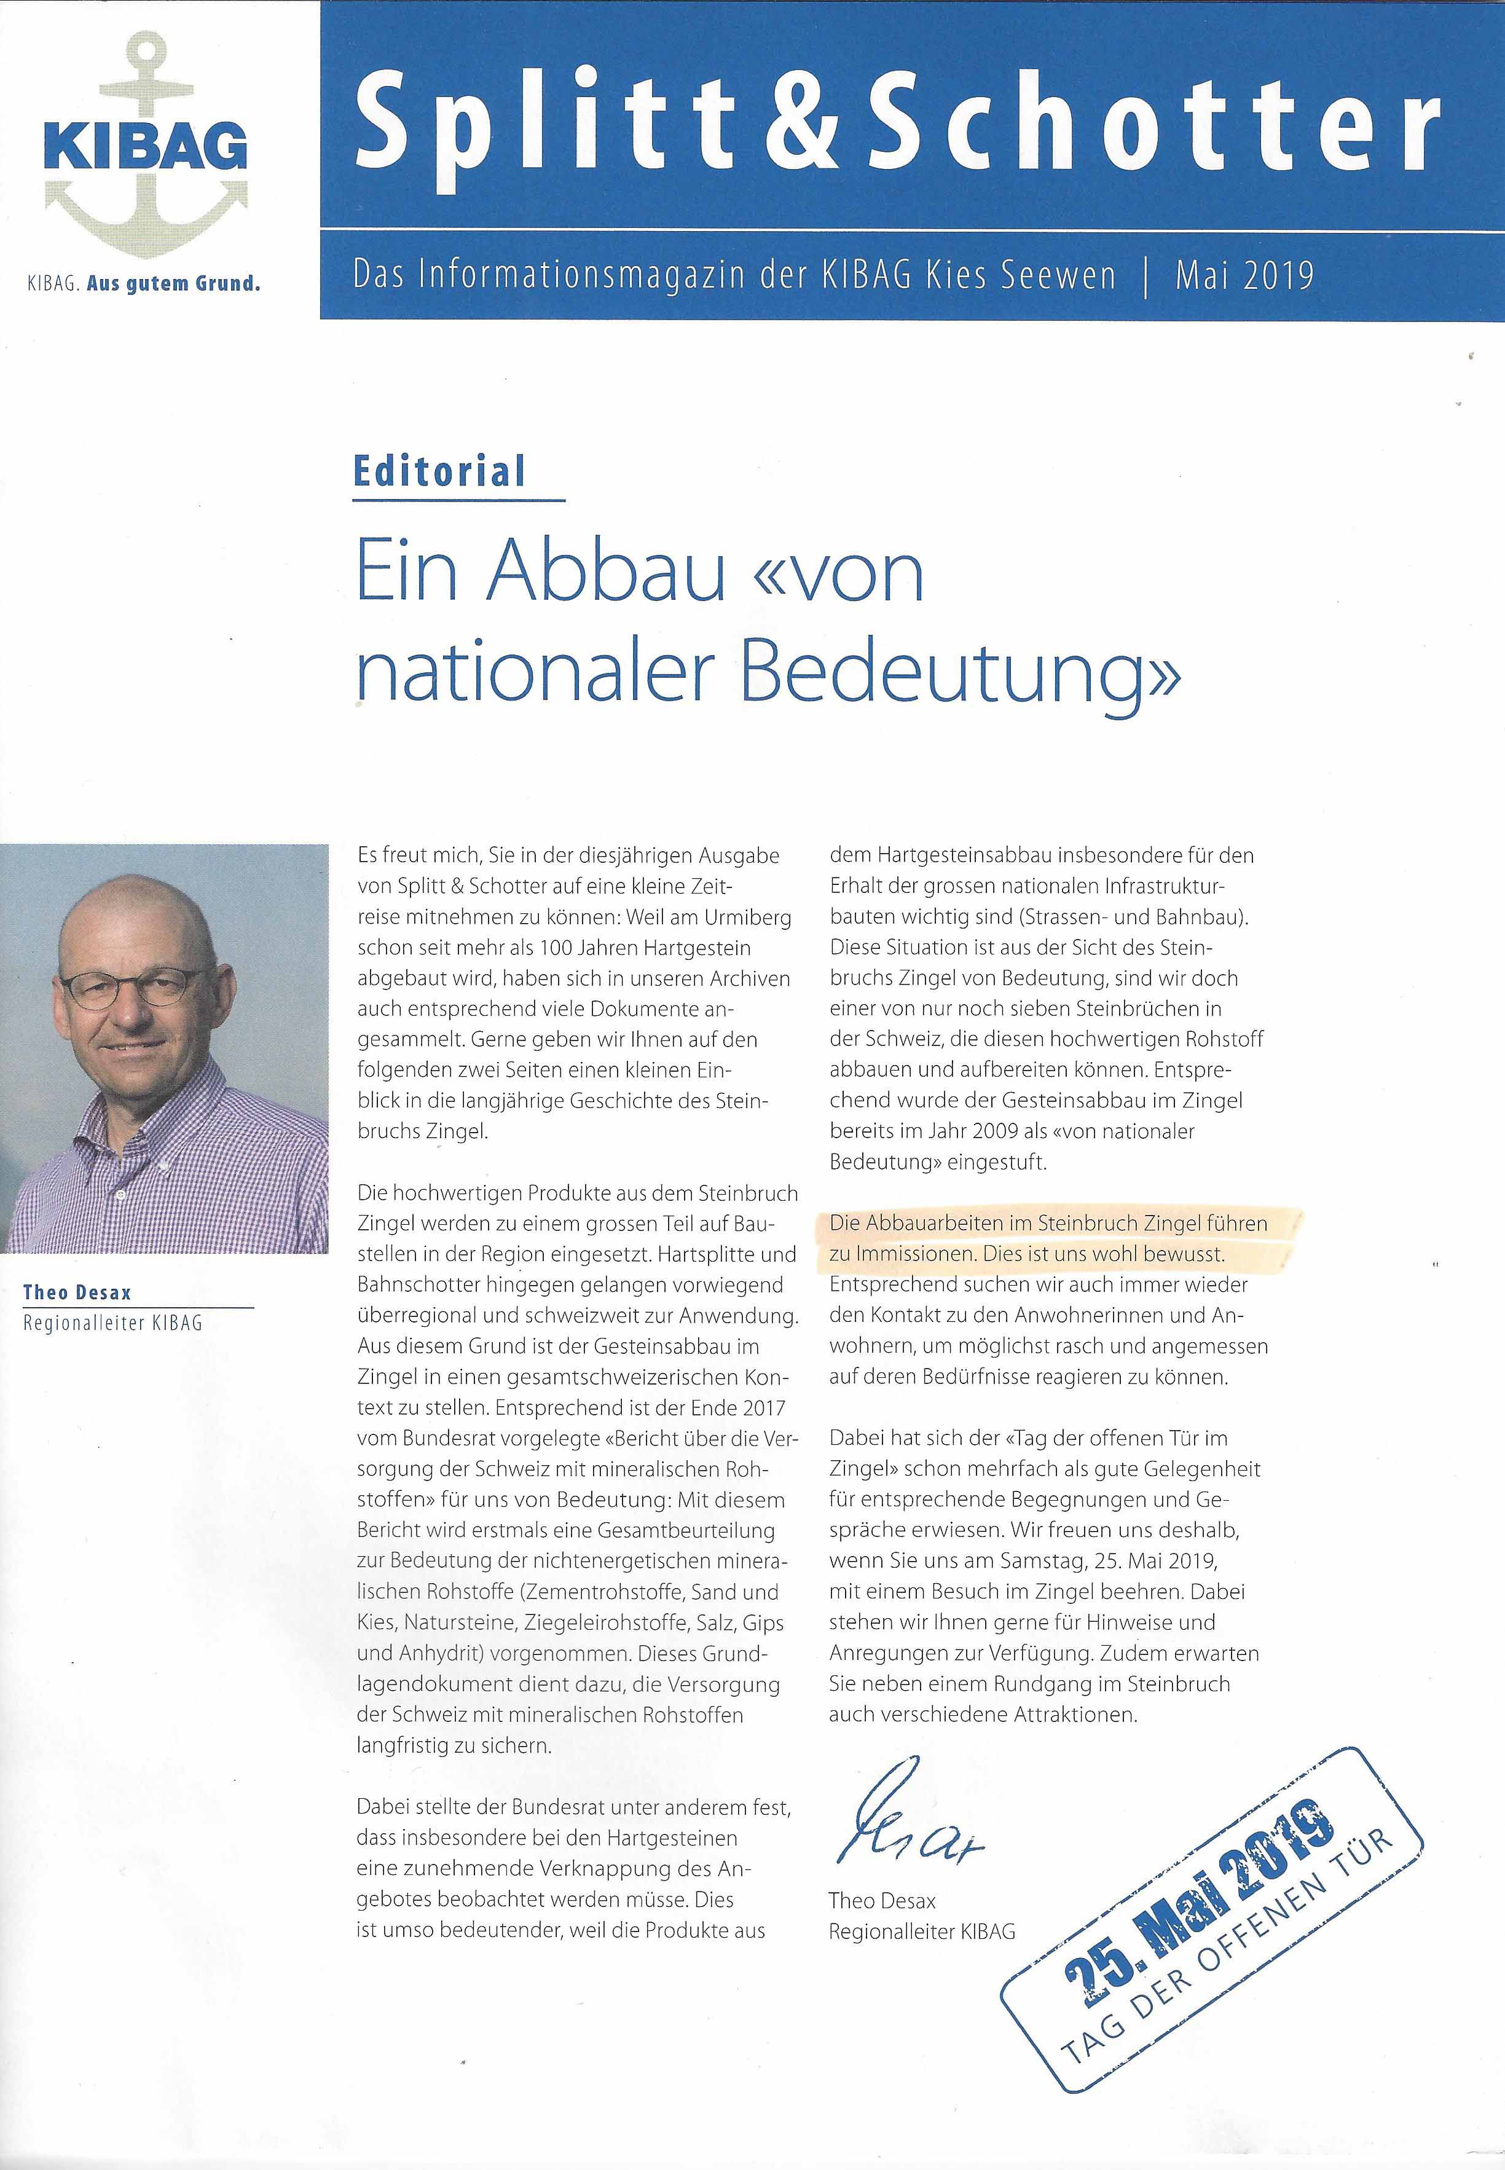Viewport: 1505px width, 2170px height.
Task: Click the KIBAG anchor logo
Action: (146, 146)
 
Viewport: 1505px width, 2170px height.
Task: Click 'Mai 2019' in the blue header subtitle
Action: (1244, 275)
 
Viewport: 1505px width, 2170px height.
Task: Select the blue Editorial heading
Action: (439, 471)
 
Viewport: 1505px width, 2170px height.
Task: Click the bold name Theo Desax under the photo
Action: (78, 1292)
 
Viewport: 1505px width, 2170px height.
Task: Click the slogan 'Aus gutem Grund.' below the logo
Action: (173, 283)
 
